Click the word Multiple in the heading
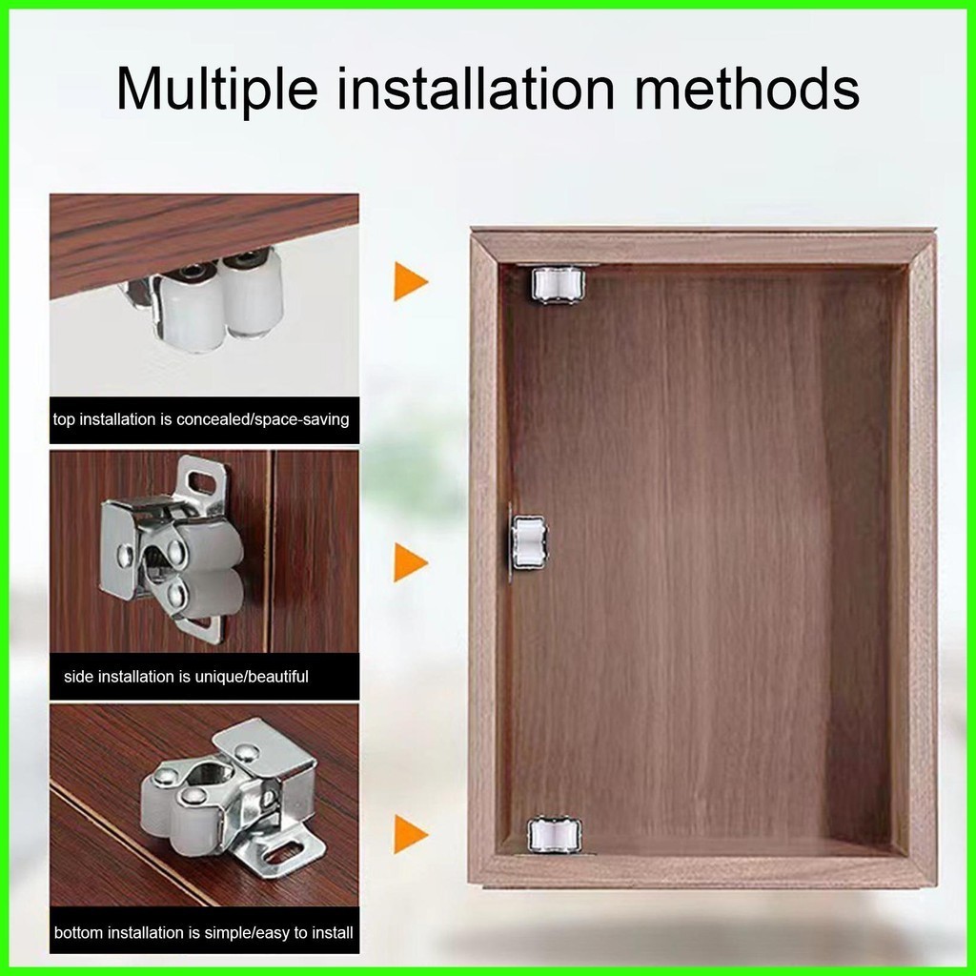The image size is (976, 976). tap(216, 89)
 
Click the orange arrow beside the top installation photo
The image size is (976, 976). tap(411, 281)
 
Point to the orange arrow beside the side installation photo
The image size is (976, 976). tap(411, 562)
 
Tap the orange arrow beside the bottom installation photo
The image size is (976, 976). tap(411, 834)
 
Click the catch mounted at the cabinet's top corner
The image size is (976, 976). tap(557, 286)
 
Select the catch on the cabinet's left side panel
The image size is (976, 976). tap(529, 541)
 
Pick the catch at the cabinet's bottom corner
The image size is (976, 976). tap(556, 834)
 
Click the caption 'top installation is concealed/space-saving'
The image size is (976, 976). tap(201, 419)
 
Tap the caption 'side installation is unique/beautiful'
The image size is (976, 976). tap(186, 676)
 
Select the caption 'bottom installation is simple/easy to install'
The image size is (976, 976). tap(204, 932)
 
